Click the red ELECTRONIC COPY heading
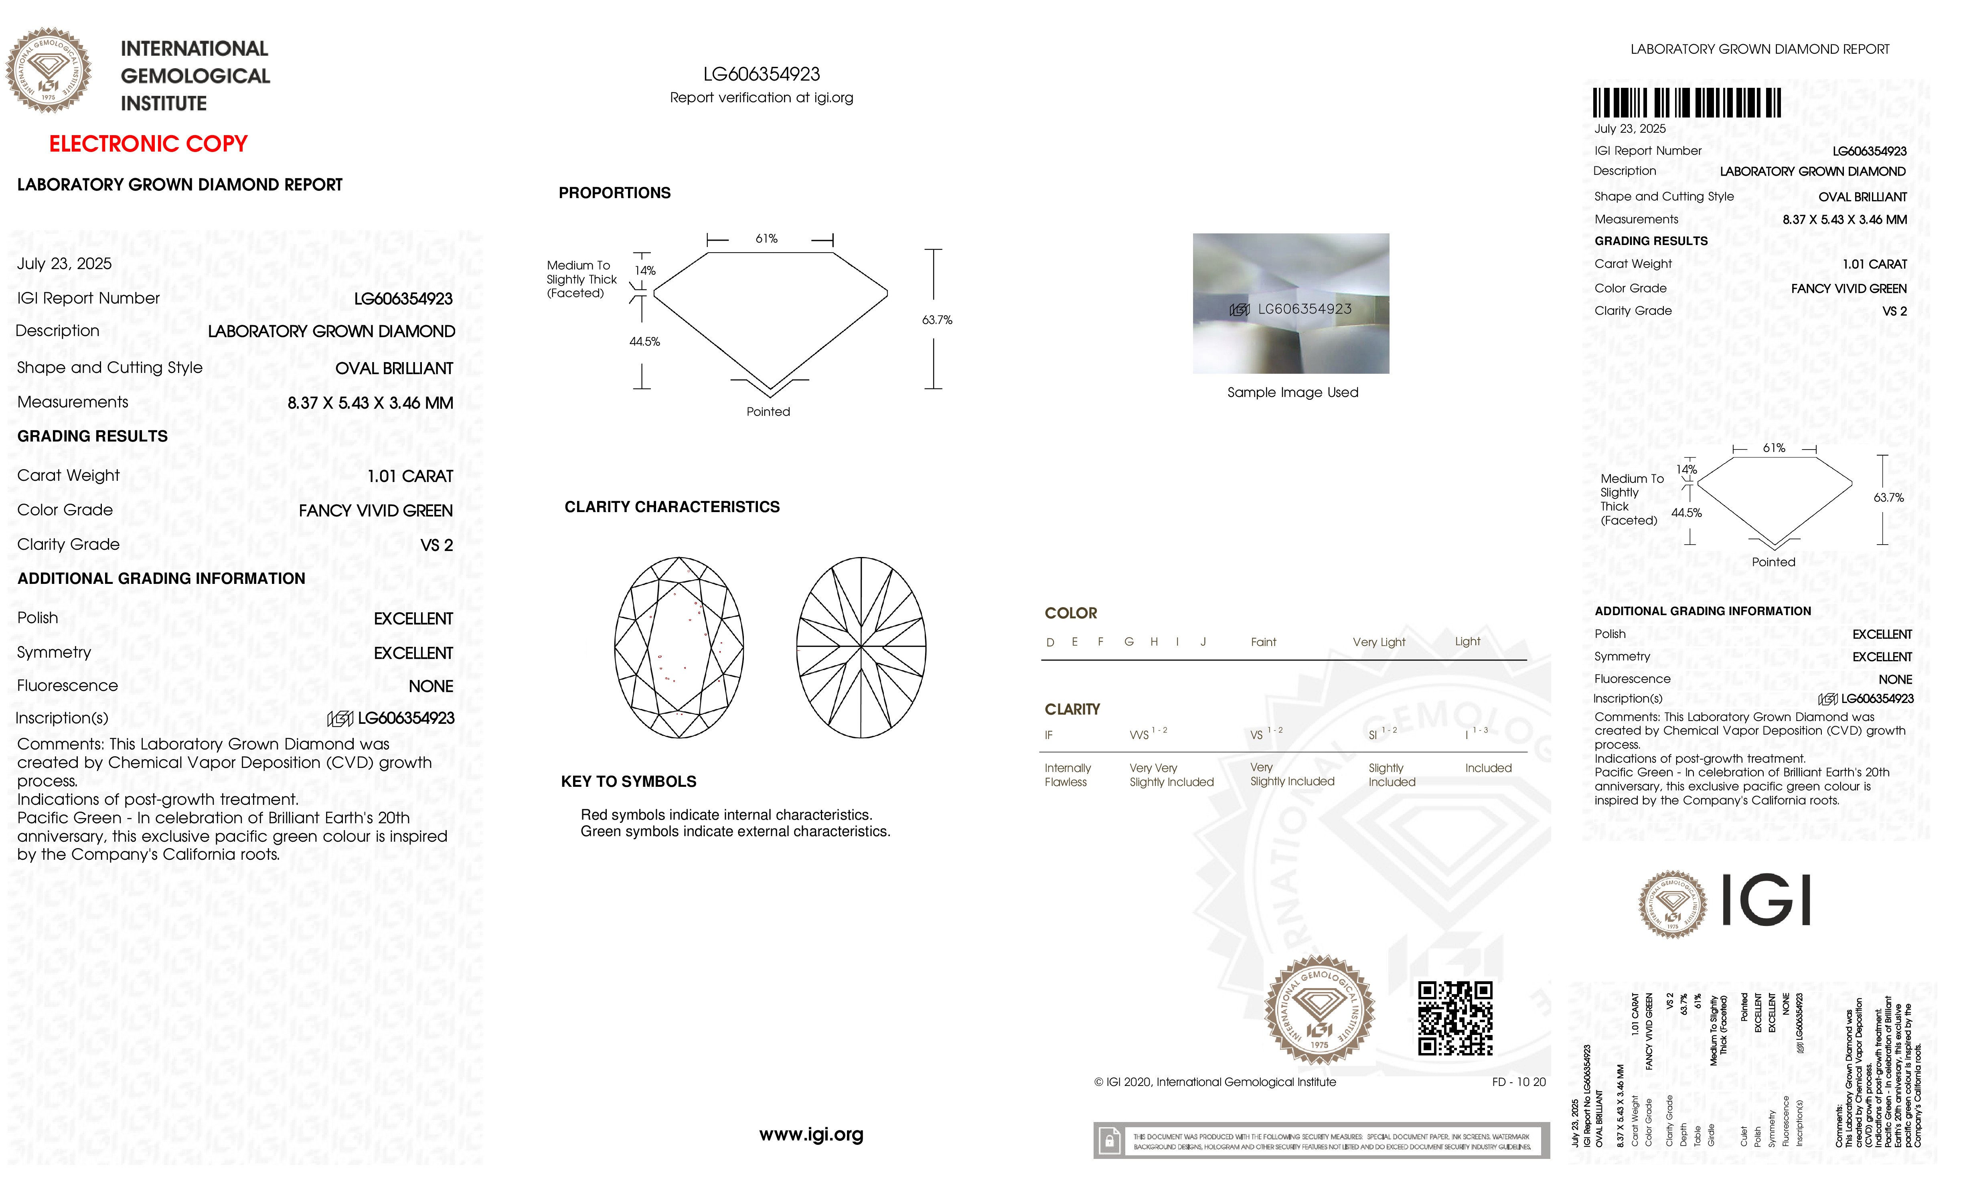148,144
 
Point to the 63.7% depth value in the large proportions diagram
937,320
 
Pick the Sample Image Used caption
1292,392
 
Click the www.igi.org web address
811,1134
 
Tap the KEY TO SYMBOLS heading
628,782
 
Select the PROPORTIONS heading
614,193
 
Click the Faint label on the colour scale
1263,642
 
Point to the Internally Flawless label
1067,774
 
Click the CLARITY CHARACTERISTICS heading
671,507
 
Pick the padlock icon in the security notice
1108,1141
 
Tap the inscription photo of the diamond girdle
1290,304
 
